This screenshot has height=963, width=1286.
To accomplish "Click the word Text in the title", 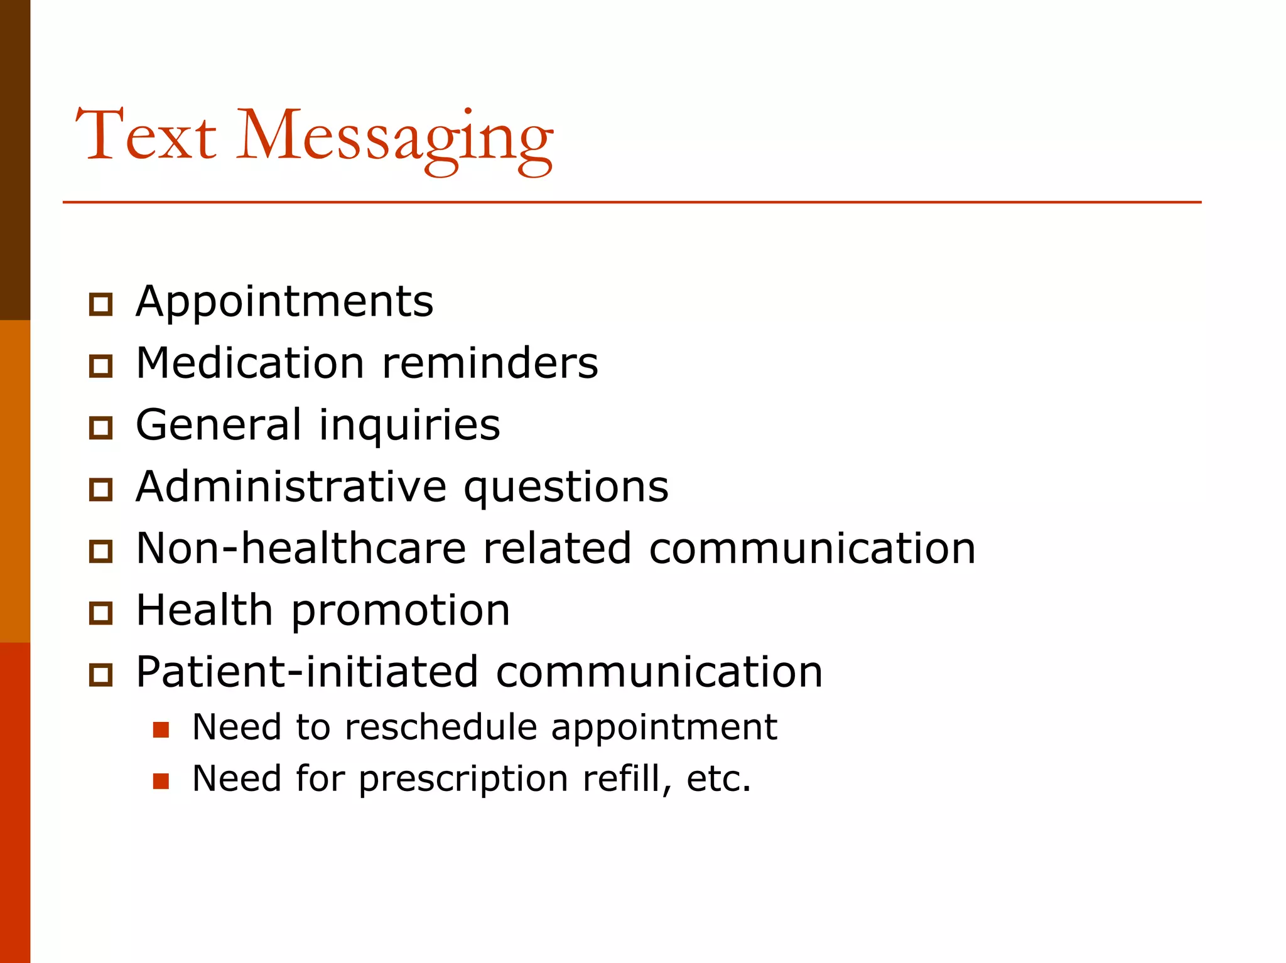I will [x=146, y=135].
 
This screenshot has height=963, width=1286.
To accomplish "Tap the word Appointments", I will [x=284, y=301].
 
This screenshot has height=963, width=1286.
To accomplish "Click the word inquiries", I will [x=409, y=425].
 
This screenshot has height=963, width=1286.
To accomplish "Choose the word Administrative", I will [x=291, y=487].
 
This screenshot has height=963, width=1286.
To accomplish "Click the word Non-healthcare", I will [x=301, y=548].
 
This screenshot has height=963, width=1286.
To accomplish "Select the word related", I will [x=557, y=548].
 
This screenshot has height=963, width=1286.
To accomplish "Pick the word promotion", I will [x=401, y=611].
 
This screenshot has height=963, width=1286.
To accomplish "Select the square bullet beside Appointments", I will [x=100, y=304].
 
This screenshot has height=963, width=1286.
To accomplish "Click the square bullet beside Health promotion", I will [x=100, y=613].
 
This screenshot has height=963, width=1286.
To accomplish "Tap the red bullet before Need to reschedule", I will [x=161, y=729].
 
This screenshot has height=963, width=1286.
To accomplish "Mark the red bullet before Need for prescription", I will [x=161, y=781].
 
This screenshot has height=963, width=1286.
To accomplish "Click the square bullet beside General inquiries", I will [x=100, y=428].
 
